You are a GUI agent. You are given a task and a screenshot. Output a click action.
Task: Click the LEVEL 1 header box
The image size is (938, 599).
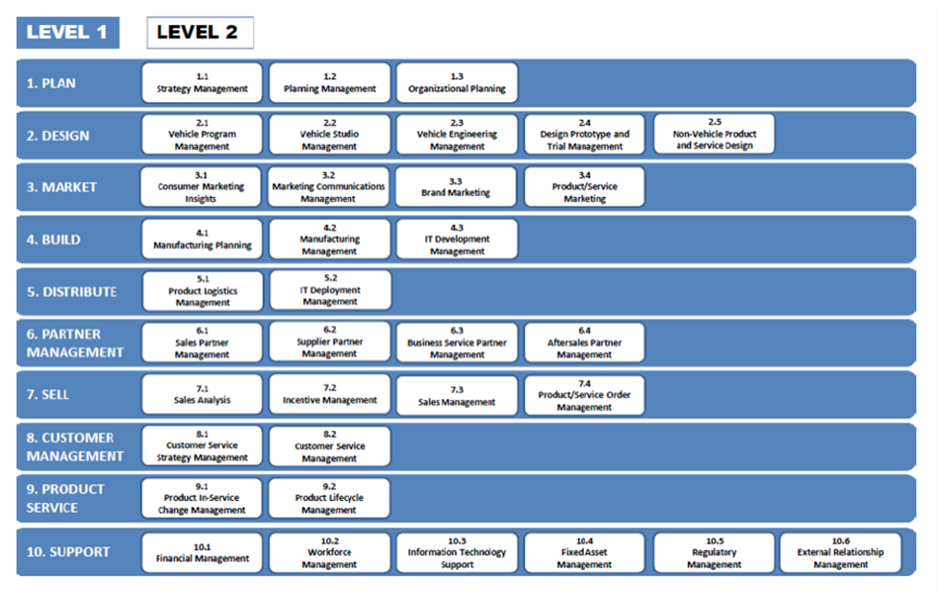(x=67, y=33)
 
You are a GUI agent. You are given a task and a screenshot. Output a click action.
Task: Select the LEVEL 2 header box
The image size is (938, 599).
(x=200, y=33)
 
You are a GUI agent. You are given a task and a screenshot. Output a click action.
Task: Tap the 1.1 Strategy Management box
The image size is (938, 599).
(x=202, y=83)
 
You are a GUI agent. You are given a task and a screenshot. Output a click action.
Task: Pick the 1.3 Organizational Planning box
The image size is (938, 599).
(x=457, y=83)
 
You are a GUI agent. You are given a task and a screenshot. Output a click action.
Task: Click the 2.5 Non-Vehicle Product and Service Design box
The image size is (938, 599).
(x=714, y=134)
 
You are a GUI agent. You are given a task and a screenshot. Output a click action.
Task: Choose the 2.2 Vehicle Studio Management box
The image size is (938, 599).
(x=330, y=135)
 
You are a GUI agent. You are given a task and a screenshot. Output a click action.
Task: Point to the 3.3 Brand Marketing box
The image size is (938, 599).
(x=456, y=187)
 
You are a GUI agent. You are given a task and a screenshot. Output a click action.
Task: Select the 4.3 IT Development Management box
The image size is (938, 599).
(x=457, y=239)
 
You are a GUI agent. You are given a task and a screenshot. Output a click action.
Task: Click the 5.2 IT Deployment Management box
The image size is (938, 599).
(x=331, y=290)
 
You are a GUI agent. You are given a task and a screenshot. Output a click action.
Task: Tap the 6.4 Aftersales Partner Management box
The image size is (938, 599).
(x=585, y=342)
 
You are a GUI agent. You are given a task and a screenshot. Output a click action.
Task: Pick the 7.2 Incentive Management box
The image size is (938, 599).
(x=330, y=394)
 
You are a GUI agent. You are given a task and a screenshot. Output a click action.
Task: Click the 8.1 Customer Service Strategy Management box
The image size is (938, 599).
(x=202, y=446)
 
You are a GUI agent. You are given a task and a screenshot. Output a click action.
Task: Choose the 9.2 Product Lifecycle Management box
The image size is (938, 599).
(x=329, y=498)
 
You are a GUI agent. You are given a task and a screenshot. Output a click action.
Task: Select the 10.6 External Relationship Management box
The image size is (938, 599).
(x=841, y=553)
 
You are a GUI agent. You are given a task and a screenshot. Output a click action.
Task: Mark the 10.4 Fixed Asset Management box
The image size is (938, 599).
(x=585, y=553)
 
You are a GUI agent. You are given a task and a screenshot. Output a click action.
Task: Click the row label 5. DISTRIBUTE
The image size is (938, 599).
(x=72, y=291)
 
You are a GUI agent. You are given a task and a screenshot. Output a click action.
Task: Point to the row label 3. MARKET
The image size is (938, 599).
(x=62, y=187)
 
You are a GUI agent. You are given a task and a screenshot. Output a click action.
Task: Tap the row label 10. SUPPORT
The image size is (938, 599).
(x=68, y=552)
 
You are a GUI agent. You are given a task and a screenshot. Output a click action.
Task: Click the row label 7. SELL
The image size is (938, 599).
(x=48, y=394)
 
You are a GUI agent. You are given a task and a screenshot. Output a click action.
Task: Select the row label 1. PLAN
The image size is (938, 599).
(x=51, y=83)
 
